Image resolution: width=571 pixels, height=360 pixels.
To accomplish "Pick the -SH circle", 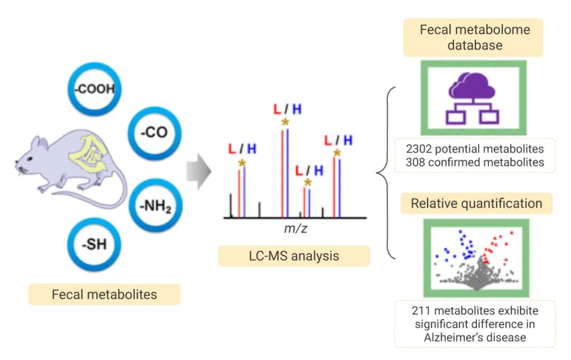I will tap(95, 245).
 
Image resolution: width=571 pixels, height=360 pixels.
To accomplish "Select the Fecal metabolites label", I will tap(104, 294).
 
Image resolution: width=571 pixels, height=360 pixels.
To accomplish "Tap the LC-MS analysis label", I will tap(294, 256).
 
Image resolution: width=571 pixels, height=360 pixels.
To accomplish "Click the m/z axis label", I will tap(294, 229).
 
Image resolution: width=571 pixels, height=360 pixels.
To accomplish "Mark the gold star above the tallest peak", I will tap(285, 122).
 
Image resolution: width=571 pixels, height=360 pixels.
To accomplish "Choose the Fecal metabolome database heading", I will tap(474, 37).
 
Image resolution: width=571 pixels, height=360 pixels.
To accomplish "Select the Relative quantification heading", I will tap(476, 204).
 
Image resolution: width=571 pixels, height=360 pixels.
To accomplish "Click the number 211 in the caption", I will tap(421, 310).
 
